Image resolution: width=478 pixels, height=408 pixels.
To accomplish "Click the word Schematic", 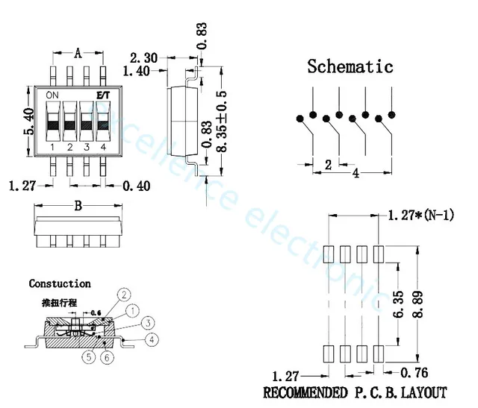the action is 350,66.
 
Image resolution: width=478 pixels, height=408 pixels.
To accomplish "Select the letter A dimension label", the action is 78,52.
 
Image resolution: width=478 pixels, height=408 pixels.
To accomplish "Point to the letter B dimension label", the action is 78,207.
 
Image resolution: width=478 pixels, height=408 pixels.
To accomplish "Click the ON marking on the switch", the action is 52,95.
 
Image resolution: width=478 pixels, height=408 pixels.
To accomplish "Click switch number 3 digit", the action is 87,147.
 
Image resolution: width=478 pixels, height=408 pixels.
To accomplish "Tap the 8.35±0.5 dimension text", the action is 221,122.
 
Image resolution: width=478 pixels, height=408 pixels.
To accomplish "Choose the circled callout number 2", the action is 125,294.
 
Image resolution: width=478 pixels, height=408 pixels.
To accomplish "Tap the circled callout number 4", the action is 152,339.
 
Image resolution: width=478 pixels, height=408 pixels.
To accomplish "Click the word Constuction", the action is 60,283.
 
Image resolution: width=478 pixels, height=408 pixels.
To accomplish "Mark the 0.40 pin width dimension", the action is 137,185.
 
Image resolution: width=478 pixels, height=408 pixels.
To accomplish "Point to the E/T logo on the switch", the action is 103,95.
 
